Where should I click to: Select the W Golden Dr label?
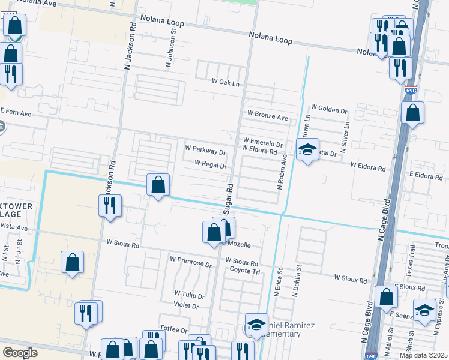pyautogui.click(x=328, y=111)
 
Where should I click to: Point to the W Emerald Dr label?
pyautogui.click(x=262, y=144)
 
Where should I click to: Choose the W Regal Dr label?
pyautogui.click(x=210, y=165)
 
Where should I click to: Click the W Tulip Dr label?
pyautogui.click(x=190, y=293)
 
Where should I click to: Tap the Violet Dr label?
pyautogui.click(x=186, y=305)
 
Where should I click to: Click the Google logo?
pyautogui.click(x=20, y=353)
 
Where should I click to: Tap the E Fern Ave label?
pyautogui.click(x=16, y=113)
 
